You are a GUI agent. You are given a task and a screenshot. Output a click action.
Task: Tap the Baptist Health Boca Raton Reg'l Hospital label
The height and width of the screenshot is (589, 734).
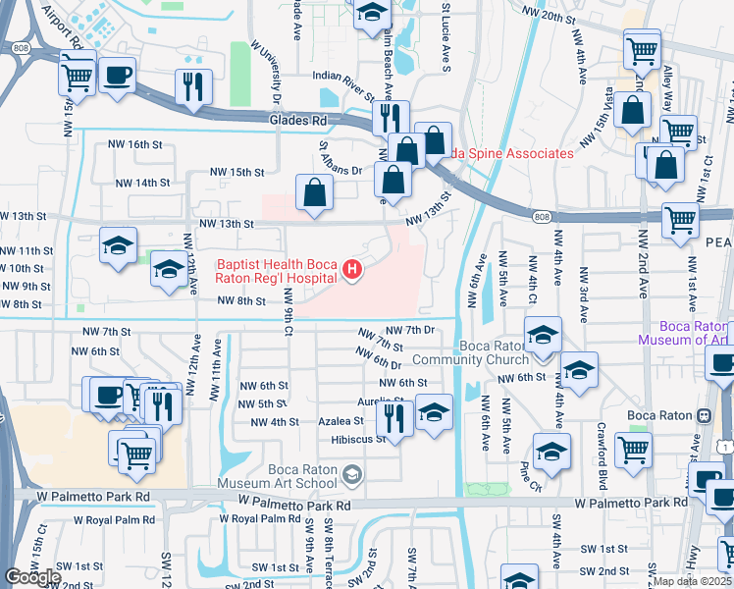point(277,271)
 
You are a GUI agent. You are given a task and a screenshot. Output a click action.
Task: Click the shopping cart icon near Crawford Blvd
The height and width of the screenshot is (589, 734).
point(633,450)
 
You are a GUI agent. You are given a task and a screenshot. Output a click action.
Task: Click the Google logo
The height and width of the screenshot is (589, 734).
point(33,576)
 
